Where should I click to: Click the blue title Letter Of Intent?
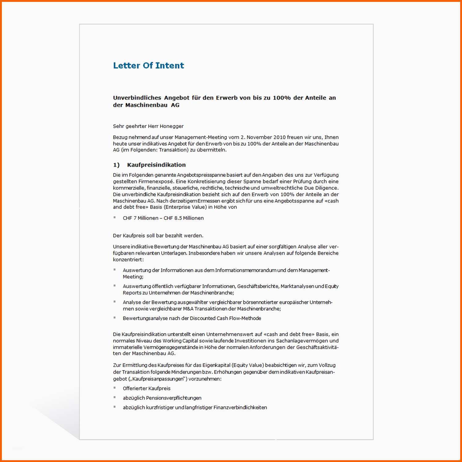pos(148,66)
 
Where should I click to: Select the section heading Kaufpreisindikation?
pos(156,165)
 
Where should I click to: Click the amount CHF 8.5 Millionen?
pos(184,218)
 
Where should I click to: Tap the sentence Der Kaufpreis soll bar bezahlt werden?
pos(158,236)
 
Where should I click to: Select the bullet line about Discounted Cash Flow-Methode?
pos(192,318)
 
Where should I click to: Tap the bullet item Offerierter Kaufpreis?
pos(147,389)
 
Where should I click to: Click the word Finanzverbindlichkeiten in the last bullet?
pos(240,408)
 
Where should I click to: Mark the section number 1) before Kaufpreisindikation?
pos(116,165)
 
